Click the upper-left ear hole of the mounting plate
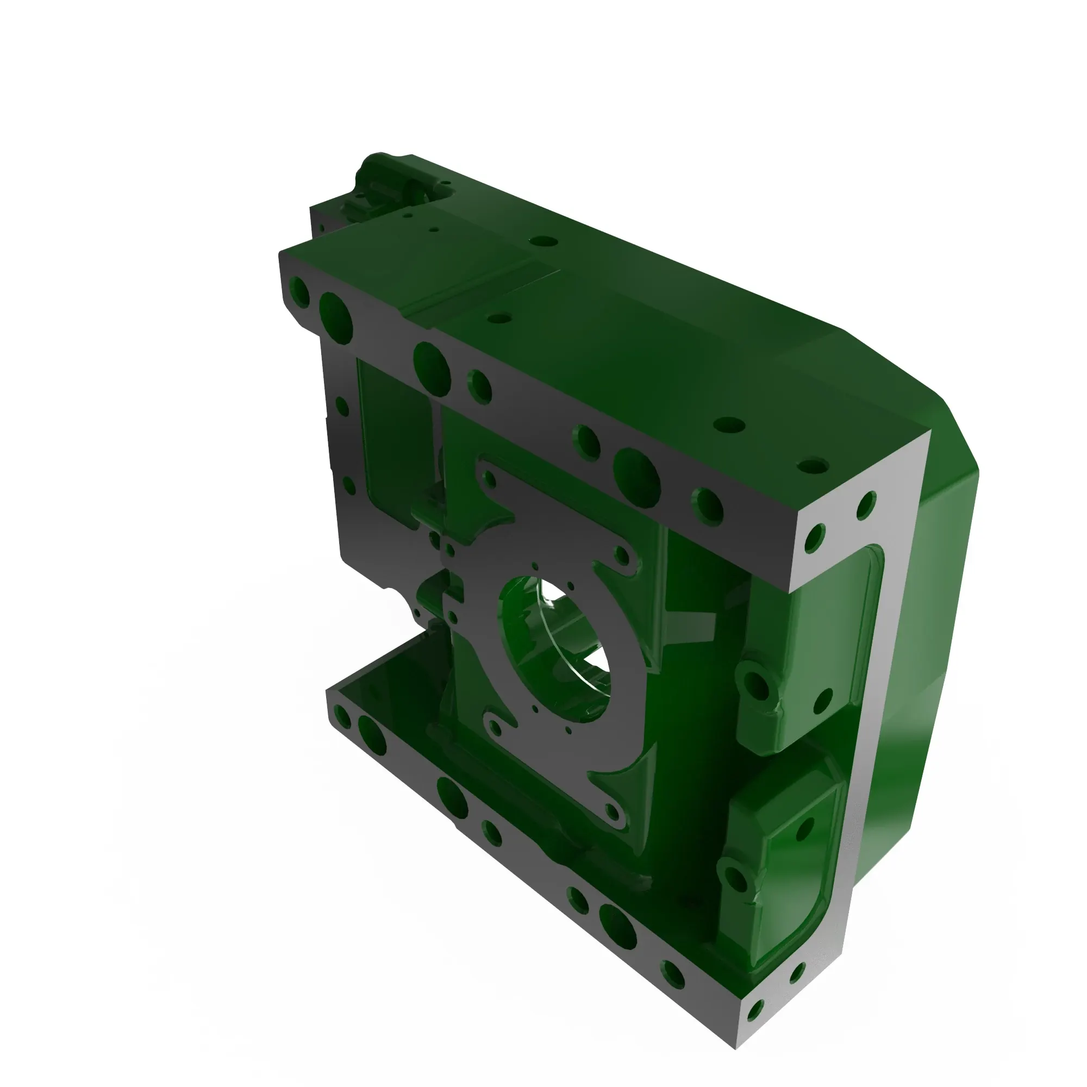(490, 479)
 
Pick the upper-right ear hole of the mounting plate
(622, 556)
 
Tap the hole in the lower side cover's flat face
(804, 829)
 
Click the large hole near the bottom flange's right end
(617, 927)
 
